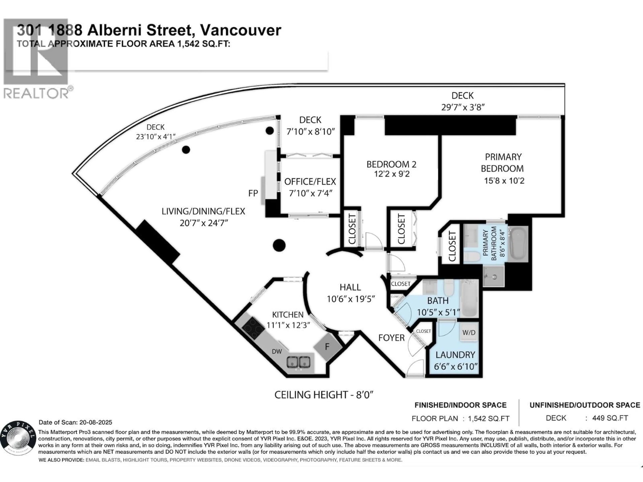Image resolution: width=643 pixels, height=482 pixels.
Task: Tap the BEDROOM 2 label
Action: click(391, 165)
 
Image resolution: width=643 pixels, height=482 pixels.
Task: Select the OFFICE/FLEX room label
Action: click(310, 182)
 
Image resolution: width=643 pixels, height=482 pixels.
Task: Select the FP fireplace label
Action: click(253, 193)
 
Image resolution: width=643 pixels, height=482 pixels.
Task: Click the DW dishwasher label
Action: click(277, 351)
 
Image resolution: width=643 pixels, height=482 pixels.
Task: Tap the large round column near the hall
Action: click(279, 245)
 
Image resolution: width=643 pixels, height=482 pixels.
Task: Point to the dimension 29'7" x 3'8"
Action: click(462, 107)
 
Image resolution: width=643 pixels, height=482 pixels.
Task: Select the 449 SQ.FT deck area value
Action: click(610, 418)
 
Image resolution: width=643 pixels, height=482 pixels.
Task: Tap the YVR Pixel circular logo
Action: click(18, 437)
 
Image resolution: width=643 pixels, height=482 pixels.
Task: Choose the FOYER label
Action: click(391, 338)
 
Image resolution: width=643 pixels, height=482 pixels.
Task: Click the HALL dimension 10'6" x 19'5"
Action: click(351, 299)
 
